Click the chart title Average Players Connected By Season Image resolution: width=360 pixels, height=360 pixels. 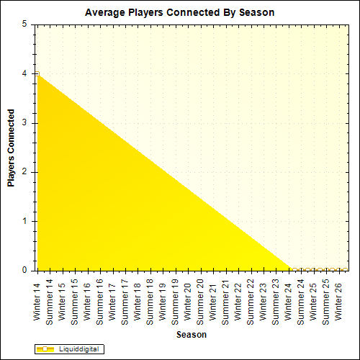[179, 12]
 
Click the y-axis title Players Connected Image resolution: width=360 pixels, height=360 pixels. [12, 148]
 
